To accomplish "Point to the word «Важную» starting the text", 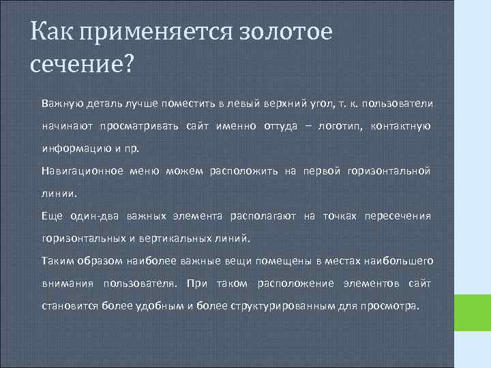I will click(x=62, y=103).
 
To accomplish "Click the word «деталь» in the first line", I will click(x=104, y=103).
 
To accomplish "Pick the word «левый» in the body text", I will click(x=243, y=103).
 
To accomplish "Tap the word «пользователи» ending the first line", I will click(x=398, y=103).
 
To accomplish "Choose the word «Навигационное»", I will click(x=83, y=170).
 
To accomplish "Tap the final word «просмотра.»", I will click(x=395, y=305).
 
